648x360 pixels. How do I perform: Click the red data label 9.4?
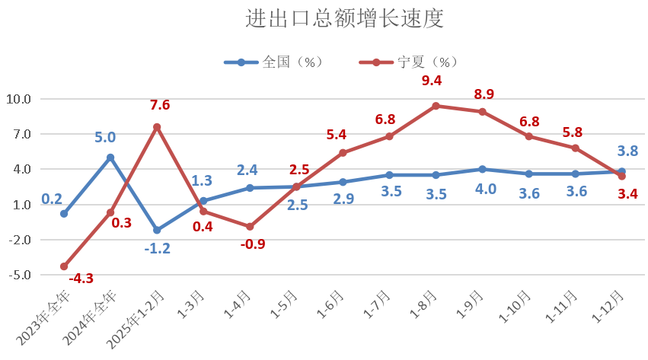[x=432, y=81]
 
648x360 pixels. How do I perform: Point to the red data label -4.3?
[x=81, y=279]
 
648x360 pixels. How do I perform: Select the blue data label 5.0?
[x=105, y=138]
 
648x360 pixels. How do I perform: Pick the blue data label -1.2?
[x=157, y=248]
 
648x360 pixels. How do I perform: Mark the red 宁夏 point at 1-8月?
[x=436, y=106]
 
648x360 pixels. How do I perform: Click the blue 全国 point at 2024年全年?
[x=110, y=158]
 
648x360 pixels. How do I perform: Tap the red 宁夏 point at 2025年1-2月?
[x=157, y=127]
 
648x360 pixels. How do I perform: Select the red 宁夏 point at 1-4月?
[x=250, y=226]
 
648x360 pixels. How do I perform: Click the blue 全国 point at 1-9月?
[x=482, y=169]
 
